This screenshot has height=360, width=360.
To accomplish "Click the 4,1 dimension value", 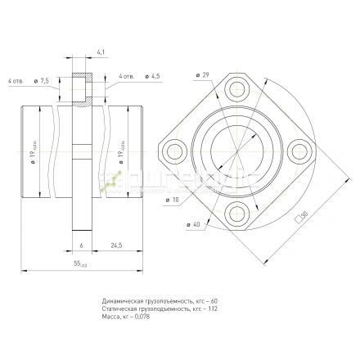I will click(100, 52).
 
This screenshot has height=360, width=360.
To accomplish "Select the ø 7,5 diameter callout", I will click(44, 81).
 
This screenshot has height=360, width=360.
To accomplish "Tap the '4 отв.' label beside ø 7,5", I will click(16, 81).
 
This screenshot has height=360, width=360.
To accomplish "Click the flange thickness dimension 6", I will click(82, 245).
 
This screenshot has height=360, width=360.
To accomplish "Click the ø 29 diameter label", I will click(203, 76).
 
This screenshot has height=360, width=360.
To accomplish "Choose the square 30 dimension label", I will click(302, 215).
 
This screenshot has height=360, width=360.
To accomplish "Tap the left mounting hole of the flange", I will click(176, 153).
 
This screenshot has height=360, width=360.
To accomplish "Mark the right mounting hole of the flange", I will click(300, 153).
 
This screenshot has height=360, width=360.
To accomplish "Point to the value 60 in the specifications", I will click(215, 300).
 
